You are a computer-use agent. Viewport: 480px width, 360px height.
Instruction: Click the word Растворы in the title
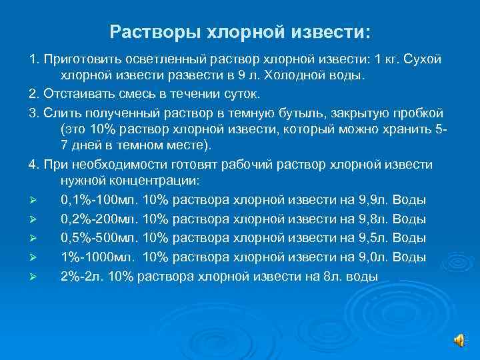(149, 32)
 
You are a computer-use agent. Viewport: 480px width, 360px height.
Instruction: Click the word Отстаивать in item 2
(78, 93)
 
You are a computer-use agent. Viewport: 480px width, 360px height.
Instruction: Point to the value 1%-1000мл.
(97, 257)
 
